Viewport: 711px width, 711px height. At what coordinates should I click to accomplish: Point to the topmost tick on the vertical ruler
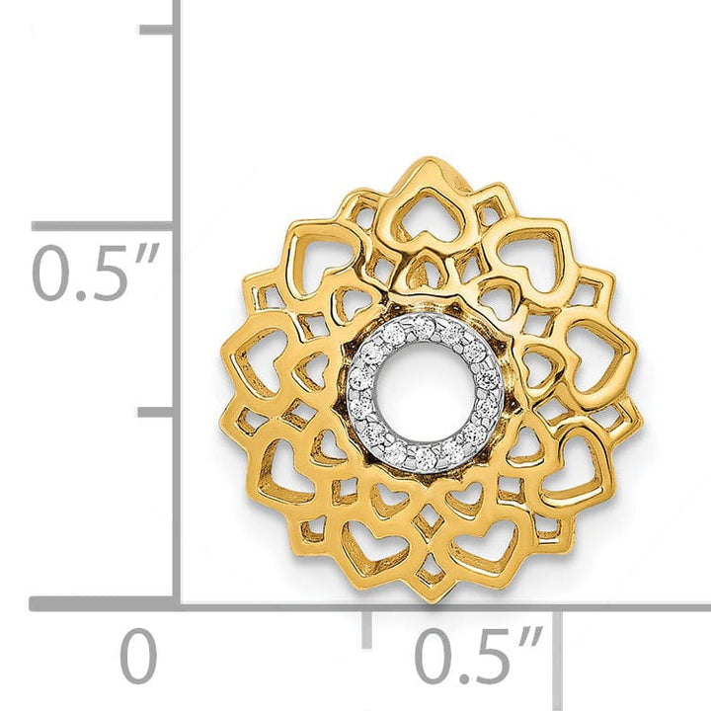tap(159, 30)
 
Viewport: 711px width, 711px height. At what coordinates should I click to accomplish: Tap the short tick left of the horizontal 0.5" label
tap(367, 626)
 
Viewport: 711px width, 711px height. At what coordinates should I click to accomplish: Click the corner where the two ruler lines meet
tap(178, 603)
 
